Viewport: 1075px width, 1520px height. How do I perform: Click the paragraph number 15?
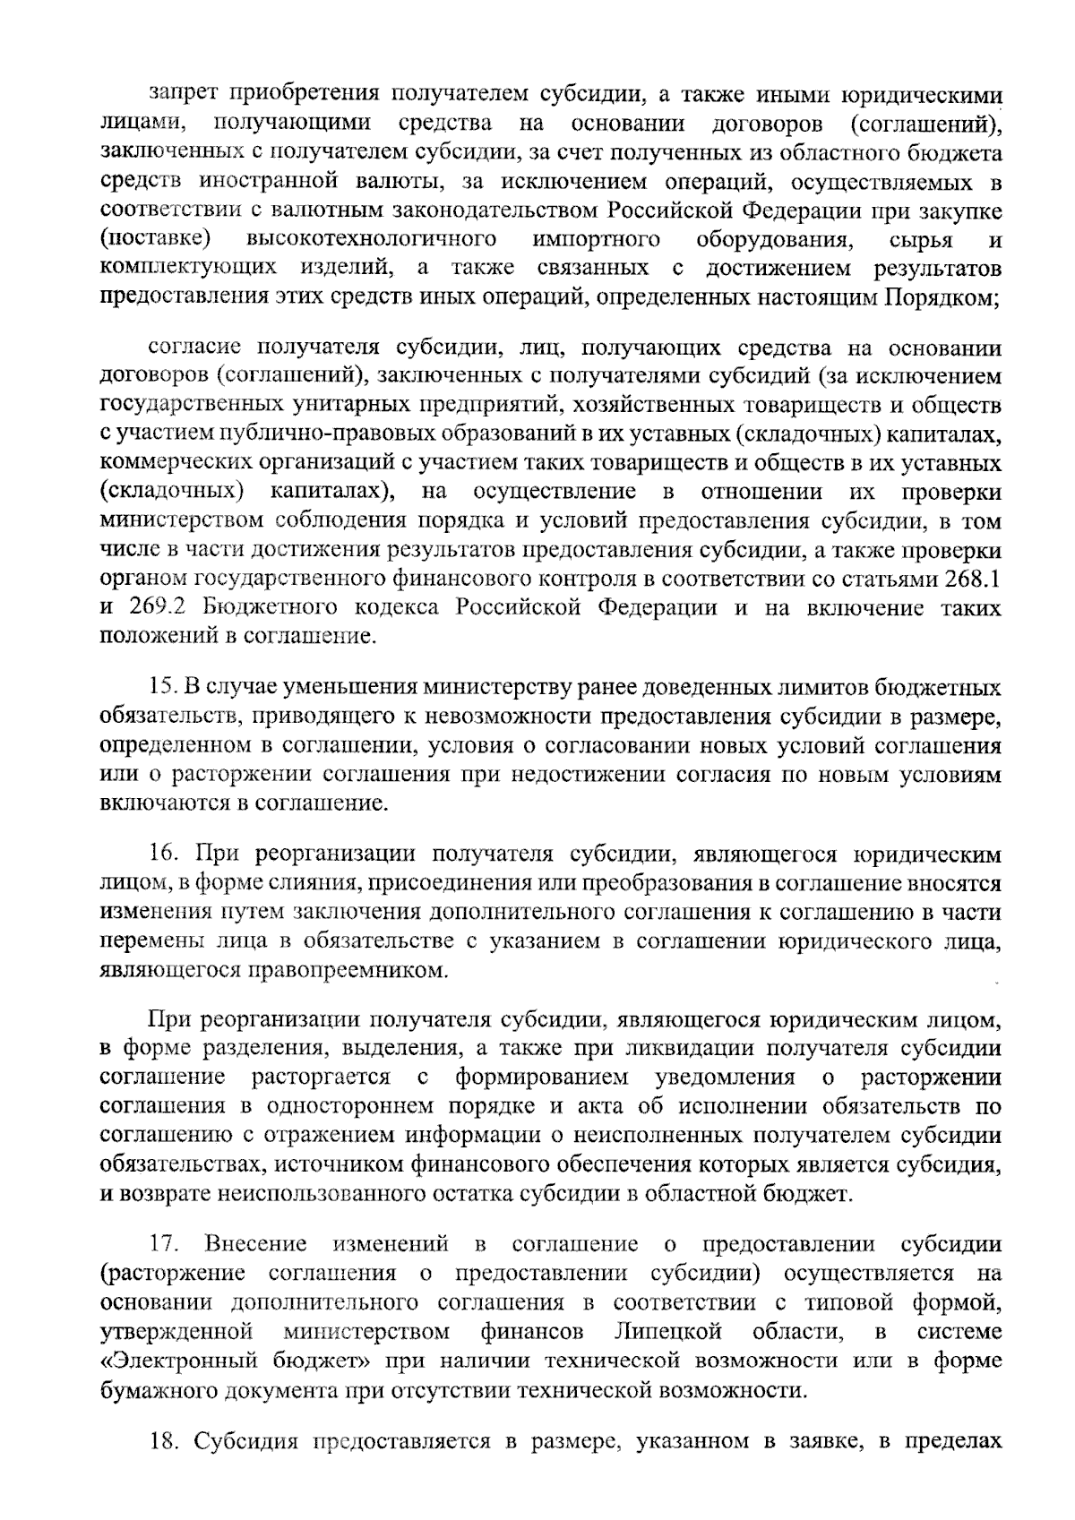click(x=161, y=688)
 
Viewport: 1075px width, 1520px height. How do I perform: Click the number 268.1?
click(x=973, y=579)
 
